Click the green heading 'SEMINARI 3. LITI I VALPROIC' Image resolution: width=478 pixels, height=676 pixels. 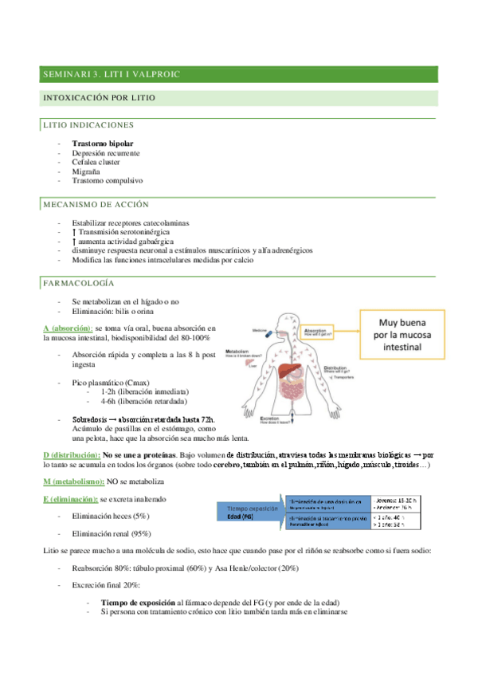click(112, 74)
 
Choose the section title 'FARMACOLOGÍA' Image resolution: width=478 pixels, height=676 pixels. click(77, 283)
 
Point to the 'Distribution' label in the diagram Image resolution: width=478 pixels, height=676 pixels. click(342, 369)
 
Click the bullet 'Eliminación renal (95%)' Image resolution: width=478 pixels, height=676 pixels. click(112, 533)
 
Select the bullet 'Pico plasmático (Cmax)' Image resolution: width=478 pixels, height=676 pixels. click(110, 383)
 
